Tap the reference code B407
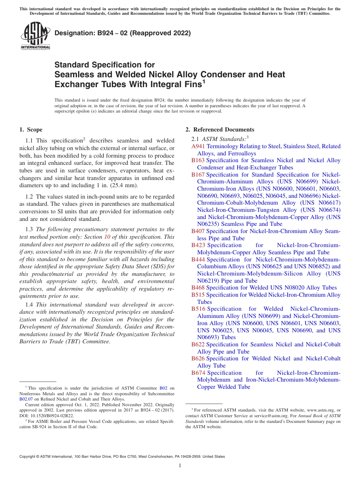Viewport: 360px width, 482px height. [x=198, y=231]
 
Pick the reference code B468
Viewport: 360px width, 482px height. [x=198, y=288]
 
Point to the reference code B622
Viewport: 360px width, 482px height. [x=198, y=344]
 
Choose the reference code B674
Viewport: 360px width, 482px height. [x=198, y=373]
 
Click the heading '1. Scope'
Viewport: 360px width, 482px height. [x=31, y=130]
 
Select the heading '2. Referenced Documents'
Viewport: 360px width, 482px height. [x=220, y=130]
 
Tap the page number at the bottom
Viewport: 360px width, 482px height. [x=180, y=466]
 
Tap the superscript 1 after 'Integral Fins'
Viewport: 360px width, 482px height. [x=203, y=81]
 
